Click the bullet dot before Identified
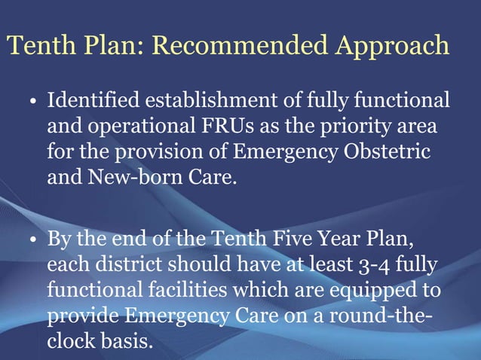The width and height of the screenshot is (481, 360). pos(35,102)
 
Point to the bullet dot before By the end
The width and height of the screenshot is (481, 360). pos(35,241)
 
